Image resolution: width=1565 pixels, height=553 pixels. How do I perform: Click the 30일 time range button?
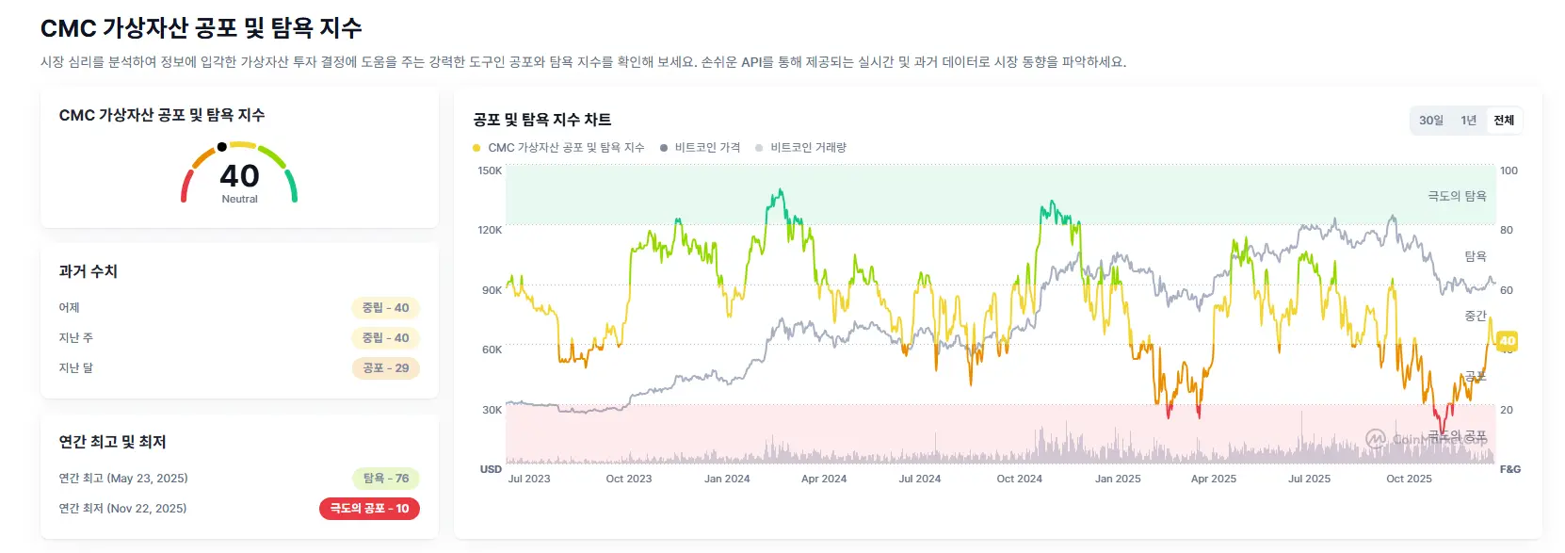click(1430, 121)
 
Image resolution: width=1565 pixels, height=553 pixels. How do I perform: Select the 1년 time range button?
click(1468, 121)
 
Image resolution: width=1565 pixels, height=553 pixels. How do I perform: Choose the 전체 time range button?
click(1504, 121)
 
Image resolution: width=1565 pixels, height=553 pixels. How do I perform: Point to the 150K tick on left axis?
click(490, 171)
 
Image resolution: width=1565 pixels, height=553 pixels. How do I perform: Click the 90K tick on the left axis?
click(492, 290)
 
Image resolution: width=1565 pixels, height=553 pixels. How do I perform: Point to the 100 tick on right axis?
click(1509, 171)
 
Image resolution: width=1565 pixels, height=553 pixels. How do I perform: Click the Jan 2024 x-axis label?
click(727, 480)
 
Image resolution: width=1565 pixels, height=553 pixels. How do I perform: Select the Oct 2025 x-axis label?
click(1409, 480)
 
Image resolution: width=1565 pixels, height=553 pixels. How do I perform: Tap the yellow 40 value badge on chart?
click(1507, 341)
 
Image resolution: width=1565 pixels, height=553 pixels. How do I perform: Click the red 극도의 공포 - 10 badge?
click(369, 509)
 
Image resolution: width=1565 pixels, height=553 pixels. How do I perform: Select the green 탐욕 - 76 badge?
click(386, 479)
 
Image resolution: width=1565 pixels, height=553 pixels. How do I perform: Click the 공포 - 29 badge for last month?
click(386, 368)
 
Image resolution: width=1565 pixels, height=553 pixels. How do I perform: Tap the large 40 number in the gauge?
click(239, 176)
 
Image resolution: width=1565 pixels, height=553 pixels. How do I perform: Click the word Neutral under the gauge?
click(239, 200)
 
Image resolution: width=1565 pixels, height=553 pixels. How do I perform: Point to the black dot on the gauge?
click(221, 147)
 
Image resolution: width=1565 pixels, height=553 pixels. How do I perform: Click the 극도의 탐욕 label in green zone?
click(1457, 196)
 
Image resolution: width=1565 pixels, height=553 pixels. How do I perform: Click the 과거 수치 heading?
click(88, 271)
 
